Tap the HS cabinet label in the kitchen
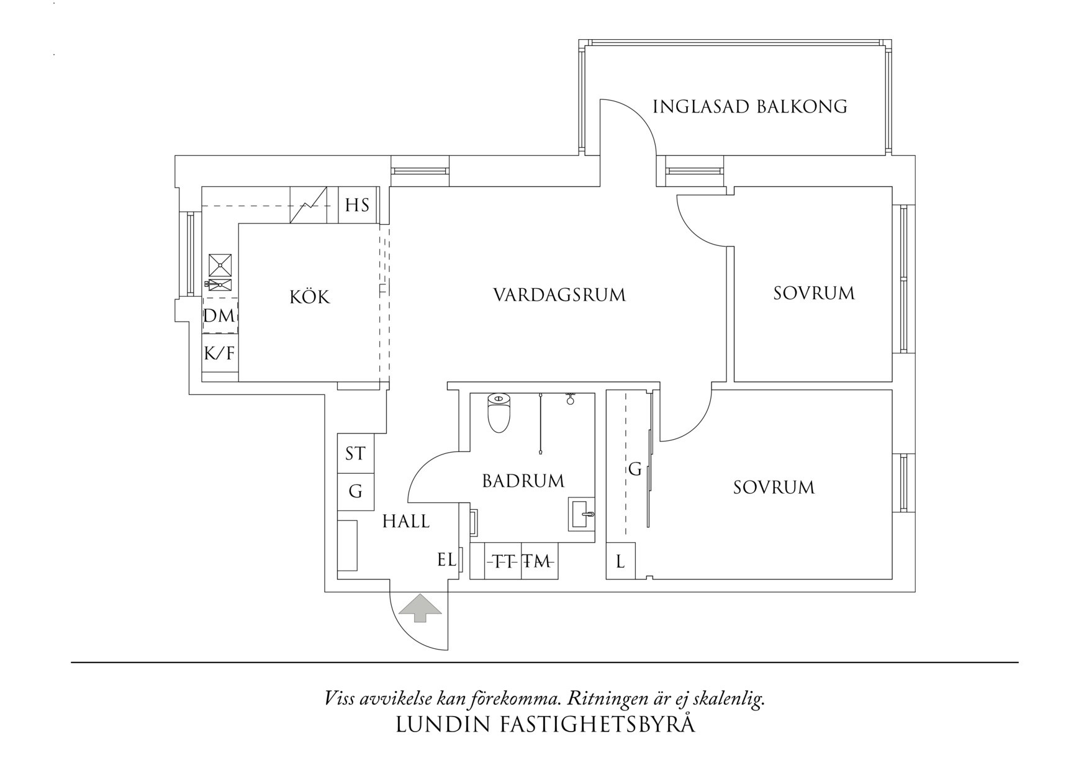pos(357,205)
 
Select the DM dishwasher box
pos(220,315)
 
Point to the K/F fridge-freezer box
pos(220,353)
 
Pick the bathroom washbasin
pos(582,514)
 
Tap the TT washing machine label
pos(503,562)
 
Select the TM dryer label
pos(537,562)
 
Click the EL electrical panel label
pos(446,559)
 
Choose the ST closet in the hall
pos(355,453)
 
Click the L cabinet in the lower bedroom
pos(620,562)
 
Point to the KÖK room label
pos(310,297)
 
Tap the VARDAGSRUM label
pos(559,294)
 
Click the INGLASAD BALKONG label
pos(750,106)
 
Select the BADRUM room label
pos(523,481)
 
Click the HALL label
pos(406,521)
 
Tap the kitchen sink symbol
pos(220,284)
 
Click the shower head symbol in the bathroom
pos(570,399)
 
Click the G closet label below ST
pos(355,491)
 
